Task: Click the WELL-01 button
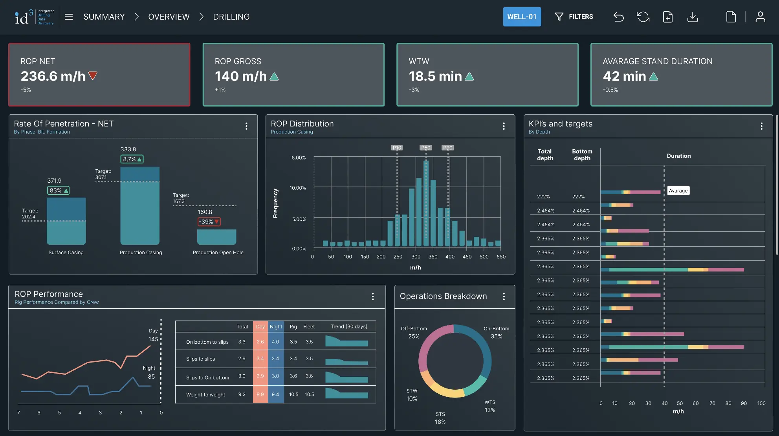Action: click(x=522, y=17)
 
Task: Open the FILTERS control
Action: click(x=574, y=17)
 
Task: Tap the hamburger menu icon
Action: click(x=69, y=17)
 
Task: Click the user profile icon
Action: click(x=760, y=17)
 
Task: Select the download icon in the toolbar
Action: click(x=693, y=17)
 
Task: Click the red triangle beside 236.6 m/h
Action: click(x=93, y=75)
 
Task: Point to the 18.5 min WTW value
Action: click(x=435, y=76)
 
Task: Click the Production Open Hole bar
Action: click(x=216, y=237)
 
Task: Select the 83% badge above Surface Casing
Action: click(x=58, y=191)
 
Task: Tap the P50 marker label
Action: click(x=426, y=148)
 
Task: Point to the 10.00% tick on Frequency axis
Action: click(x=298, y=188)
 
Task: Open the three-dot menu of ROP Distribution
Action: click(x=504, y=126)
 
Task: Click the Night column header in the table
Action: click(x=276, y=327)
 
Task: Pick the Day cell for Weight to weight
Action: click(x=260, y=394)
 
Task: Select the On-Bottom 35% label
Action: click(x=496, y=333)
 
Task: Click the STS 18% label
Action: click(x=440, y=418)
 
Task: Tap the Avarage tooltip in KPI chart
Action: click(x=678, y=191)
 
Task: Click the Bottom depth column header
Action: click(x=582, y=155)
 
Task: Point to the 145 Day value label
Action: click(x=153, y=339)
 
